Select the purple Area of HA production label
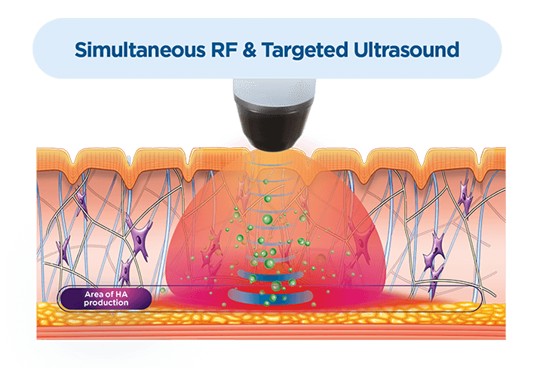tap(106, 299)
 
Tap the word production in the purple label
tap(106, 303)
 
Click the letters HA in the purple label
tap(119, 294)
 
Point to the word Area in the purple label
tap(90, 294)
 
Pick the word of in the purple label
tap(107, 294)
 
